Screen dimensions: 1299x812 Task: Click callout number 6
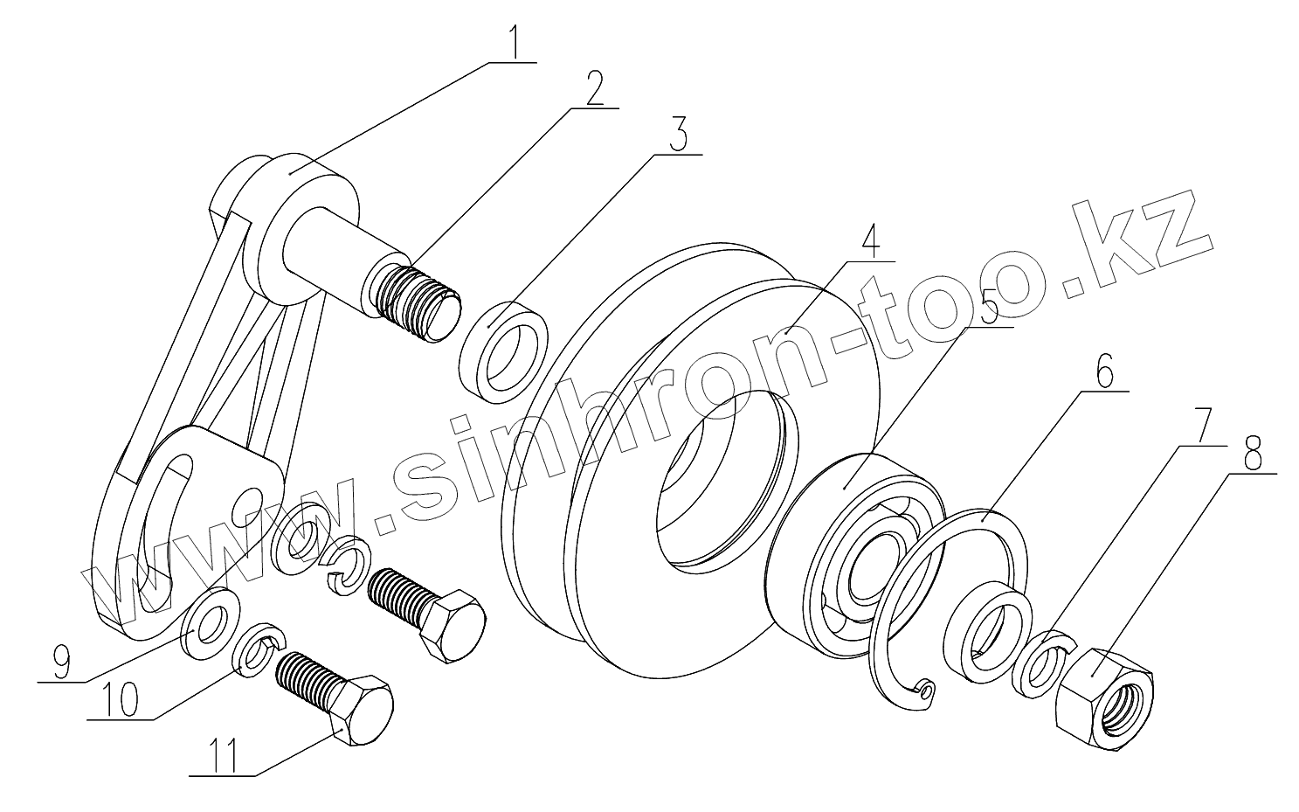click(1103, 373)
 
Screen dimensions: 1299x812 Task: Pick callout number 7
click(1203, 427)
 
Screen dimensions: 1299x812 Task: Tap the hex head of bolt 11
click(360, 709)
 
